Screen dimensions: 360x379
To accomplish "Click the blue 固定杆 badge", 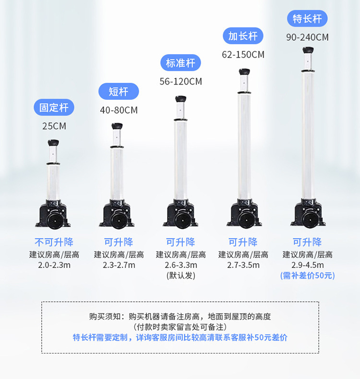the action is (54, 107).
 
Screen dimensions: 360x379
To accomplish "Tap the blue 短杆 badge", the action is (119, 91).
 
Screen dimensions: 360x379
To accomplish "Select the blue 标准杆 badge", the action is (180, 63).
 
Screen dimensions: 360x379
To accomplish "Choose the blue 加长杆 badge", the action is (243, 36).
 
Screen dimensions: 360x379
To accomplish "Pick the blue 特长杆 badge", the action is (307, 19).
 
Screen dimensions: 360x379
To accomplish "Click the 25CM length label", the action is (54, 127).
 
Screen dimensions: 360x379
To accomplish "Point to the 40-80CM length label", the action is (119, 110).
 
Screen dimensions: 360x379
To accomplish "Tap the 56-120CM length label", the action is (180, 82).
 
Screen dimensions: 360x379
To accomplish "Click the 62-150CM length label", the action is (243, 55).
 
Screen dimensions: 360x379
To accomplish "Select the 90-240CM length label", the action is (307, 37).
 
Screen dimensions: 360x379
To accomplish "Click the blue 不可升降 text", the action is (54, 242).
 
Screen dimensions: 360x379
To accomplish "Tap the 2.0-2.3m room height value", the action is (54, 265).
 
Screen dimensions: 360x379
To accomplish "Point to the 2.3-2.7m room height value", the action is (119, 265).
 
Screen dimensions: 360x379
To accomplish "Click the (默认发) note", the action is (180, 275).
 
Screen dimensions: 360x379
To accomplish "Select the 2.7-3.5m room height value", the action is (243, 265).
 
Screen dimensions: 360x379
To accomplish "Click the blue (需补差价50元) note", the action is (307, 275).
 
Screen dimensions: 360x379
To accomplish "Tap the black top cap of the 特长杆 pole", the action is (307, 50).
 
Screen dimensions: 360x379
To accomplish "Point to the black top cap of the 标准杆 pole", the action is (180, 100).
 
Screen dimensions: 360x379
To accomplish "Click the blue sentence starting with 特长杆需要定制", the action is (180, 337).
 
